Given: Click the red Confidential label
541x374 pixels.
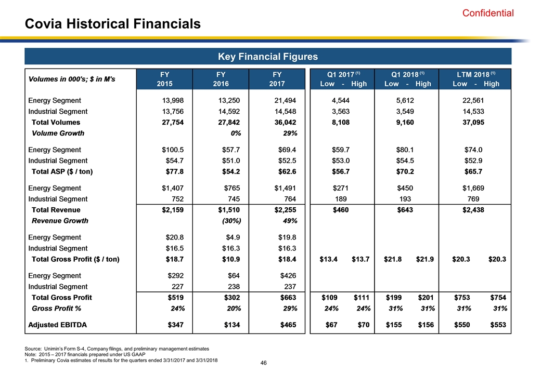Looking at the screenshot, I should click(x=488, y=14).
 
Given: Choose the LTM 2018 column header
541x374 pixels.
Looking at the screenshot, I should click(x=476, y=78).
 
